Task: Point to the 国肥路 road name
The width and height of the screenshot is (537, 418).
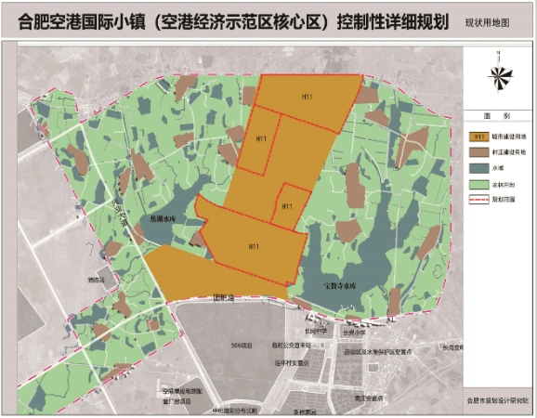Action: point(225,298)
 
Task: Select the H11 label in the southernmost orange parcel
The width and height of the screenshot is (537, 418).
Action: point(253,246)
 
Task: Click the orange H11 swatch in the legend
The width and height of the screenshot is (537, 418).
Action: point(479,136)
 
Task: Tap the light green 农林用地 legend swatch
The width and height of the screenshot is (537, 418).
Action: point(479,183)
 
